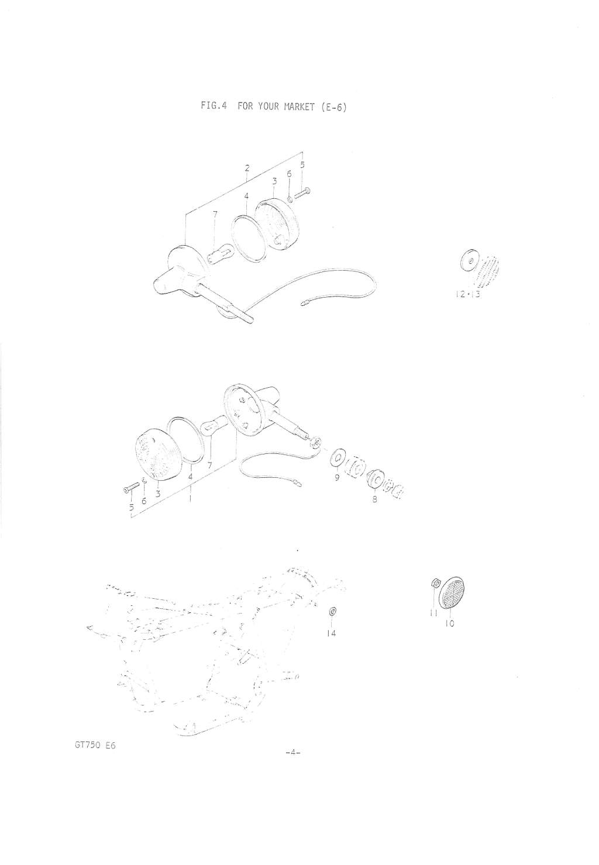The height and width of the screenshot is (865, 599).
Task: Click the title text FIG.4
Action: click(x=213, y=106)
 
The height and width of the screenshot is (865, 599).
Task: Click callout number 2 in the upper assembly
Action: click(x=247, y=169)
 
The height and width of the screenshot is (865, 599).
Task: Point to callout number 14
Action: click(x=331, y=633)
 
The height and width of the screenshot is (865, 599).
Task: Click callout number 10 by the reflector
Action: click(x=449, y=623)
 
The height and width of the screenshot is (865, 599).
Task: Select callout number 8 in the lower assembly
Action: click(x=374, y=499)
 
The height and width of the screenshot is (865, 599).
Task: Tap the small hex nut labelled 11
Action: click(x=433, y=593)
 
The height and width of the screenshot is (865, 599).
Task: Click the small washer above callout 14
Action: click(x=331, y=612)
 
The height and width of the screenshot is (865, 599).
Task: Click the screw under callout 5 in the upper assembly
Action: click(x=302, y=192)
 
